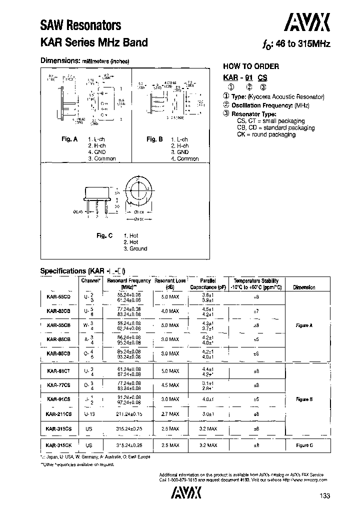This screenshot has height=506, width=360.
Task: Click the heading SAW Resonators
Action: tap(80, 25)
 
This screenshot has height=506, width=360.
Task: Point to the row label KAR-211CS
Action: tap(58, 414)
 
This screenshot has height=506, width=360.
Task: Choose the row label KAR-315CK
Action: tap(58, 444)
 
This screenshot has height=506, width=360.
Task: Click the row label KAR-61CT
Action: tap(58, 370)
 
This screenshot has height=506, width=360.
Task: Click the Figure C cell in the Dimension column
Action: tap(304, 444)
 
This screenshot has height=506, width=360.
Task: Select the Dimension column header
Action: tap(304, 287)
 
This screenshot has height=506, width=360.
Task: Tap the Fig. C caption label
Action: tap(104, 235)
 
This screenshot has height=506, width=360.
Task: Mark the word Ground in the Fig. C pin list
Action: tap(138, 248)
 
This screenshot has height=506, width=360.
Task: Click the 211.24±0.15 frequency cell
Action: tap(128, 414)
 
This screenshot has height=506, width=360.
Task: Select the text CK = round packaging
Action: tap(266, 134)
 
